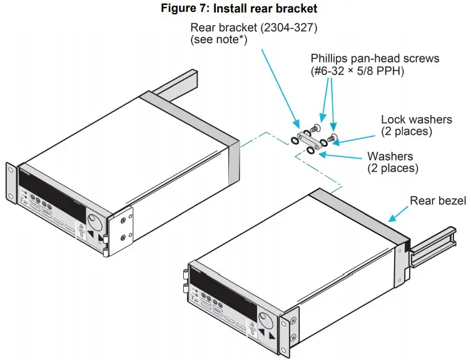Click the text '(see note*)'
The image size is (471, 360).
[220, 39]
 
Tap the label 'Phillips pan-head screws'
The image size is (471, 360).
[375, 59]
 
